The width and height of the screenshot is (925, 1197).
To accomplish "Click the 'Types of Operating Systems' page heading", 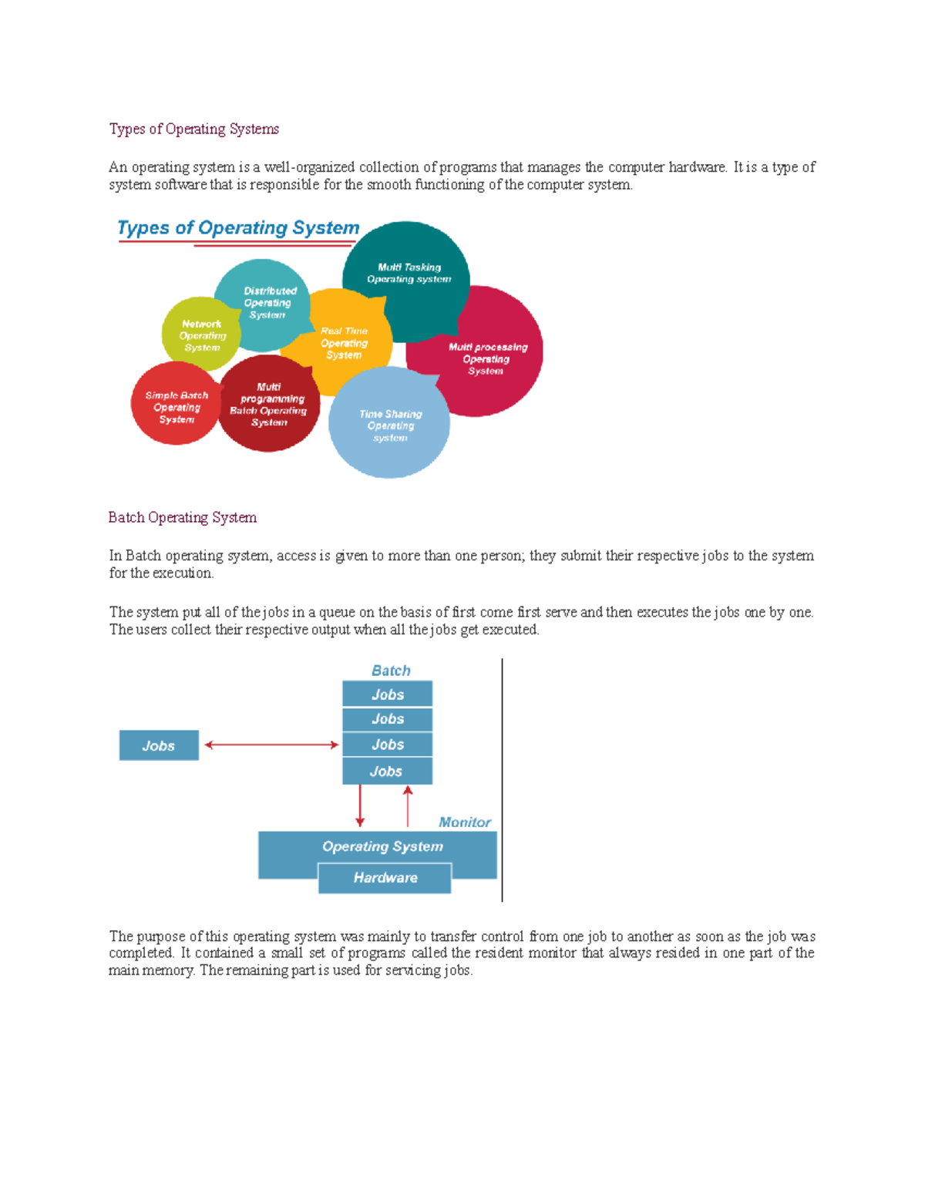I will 193,129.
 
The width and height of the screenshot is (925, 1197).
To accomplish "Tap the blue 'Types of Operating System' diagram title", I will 238,228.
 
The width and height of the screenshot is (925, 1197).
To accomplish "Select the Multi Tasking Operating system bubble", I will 409,273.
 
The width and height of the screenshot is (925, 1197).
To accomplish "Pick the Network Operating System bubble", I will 201,335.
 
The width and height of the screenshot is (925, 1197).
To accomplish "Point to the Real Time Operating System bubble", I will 344,343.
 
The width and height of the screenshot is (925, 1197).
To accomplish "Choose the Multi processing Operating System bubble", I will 487,359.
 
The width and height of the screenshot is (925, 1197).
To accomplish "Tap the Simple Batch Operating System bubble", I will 177,407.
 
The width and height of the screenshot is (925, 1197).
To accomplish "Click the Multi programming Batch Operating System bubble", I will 268,405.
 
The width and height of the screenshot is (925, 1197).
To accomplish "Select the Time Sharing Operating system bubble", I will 390,425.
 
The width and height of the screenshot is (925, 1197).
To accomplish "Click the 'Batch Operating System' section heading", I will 183,517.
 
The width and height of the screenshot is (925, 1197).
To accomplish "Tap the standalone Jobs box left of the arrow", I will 159,745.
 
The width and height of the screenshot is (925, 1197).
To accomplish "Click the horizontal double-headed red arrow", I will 271,745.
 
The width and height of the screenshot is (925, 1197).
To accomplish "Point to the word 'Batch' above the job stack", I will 391,671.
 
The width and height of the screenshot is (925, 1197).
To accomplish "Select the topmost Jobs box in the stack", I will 387,694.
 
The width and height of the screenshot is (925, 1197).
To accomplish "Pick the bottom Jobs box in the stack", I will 387,771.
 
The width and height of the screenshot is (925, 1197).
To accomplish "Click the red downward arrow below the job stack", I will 360,805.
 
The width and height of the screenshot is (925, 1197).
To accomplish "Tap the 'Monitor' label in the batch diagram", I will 464,822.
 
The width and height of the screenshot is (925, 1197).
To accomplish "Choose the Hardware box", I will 385,878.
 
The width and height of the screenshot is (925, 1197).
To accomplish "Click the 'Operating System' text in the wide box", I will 382,846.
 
